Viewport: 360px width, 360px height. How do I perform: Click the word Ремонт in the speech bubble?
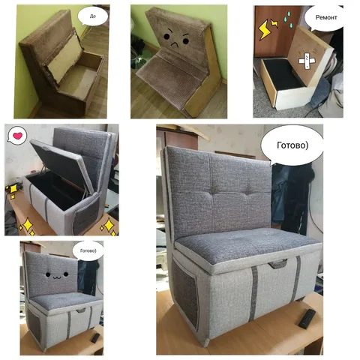click(x=326, y=17)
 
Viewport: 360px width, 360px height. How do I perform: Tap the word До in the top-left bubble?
click(x=92, y=16)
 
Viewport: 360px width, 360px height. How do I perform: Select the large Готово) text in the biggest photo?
click(x=292, y=145)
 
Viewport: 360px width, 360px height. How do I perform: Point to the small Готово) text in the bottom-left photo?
click(x=88, y=250)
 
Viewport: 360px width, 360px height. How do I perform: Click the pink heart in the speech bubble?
click(x=17, y=136)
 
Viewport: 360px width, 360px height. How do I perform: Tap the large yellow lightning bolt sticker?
click(x=264, y=29)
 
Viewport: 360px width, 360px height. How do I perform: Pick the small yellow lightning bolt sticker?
click(x=274, y=24)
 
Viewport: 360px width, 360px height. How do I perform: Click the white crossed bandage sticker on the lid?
click(x=307, y=61)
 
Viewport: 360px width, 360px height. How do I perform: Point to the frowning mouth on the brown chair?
click(x=175, y=45)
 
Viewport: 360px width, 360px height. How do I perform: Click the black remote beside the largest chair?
click(x=307, y=318)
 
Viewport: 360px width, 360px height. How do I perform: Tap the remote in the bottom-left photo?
click(x=95, y=338)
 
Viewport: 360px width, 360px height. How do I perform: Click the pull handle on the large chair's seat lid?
click(x=277, y=264)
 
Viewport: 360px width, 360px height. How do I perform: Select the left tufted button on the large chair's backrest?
click(x=214, y=191)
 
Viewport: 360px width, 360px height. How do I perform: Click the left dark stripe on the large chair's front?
click(x=253, y=293)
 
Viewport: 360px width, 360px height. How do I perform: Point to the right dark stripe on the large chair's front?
click(x=295, y=280)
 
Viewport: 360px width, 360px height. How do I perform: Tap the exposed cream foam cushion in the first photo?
click(x=64, y=58)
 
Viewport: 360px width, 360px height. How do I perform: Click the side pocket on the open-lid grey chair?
click(x=85, y=215)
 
